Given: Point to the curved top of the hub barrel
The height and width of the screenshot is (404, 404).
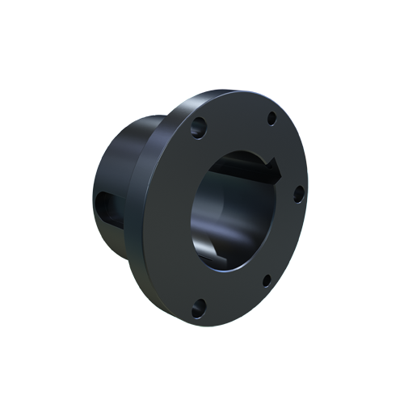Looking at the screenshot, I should point(141,125).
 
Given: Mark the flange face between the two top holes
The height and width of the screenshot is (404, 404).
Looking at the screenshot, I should point(234,117).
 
